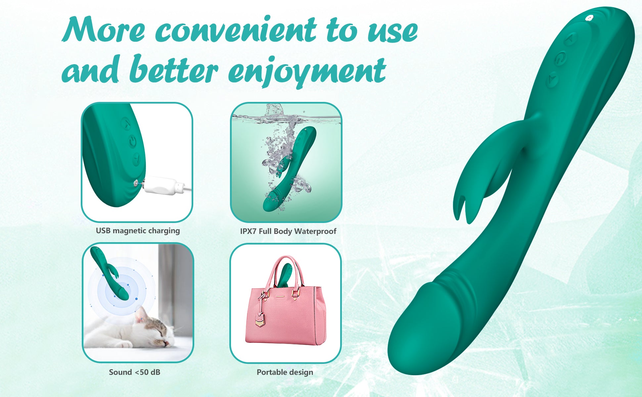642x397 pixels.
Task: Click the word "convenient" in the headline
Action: pos(236,30)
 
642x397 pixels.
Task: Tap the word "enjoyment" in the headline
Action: pos(307,71)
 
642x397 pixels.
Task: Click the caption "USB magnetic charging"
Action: pos(138,231)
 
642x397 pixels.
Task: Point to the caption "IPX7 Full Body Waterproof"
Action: pos(288,231)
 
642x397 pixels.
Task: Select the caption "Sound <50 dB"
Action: pos(134,372)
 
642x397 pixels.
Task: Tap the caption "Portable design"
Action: pos(285,372)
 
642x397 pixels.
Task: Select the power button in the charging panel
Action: pos(132,141)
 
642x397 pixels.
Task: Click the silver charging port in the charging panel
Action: pos(136,182)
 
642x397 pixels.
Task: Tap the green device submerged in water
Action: pos(290,169)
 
